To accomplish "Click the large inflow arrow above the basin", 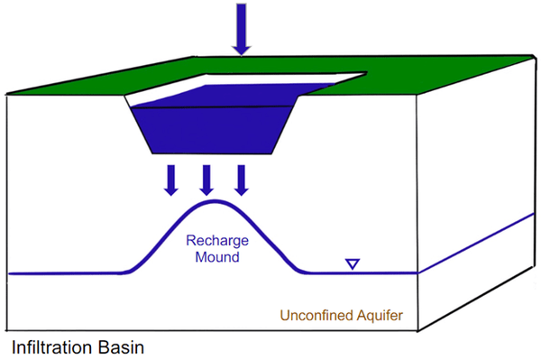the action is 241,29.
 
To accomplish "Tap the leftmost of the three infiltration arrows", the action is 171,180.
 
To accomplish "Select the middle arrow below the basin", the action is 206,180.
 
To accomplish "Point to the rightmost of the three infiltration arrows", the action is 242,180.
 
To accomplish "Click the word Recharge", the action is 217,241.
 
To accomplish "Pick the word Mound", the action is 217,257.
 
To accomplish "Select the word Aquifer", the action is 380,316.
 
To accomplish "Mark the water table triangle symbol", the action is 353,264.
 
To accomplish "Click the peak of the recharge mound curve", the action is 215,201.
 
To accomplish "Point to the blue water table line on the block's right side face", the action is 476,244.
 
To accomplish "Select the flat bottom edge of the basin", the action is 212,153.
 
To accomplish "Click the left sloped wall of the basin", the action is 138,125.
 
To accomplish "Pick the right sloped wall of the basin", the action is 286,125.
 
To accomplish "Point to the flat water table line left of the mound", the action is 66,273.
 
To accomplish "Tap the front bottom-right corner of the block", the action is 417,330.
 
